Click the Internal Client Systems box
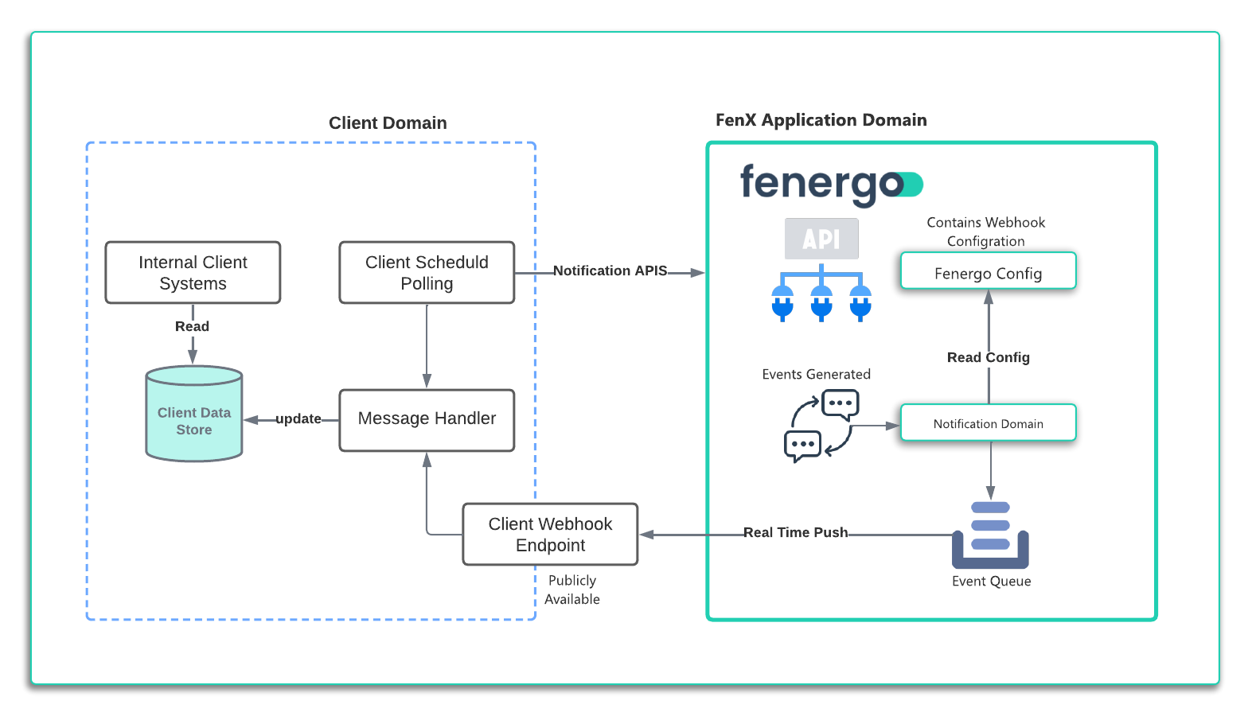[x=193, y=273]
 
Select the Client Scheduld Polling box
[x=427, y=273]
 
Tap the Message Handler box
[x=427, y=420]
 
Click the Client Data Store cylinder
[x=193, y=414]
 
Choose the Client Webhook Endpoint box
[x=550, y=535]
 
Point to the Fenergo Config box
[x=988, y=271]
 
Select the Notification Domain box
[x=988, y=423]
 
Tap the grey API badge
[x=821, y=239]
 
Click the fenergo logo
[x=830, y=184]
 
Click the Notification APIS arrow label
[x=610, y=271]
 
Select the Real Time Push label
[x=795, y=533]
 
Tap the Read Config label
[x=988, y=358]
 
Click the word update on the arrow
[x=298, y=419]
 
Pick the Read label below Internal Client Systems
[x=192, y=327]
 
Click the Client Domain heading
[x=388, y=123]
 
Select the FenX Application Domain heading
[x=821, y=120]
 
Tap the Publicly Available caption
[x=571, y=590]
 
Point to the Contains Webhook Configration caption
[x=985, y=232]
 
